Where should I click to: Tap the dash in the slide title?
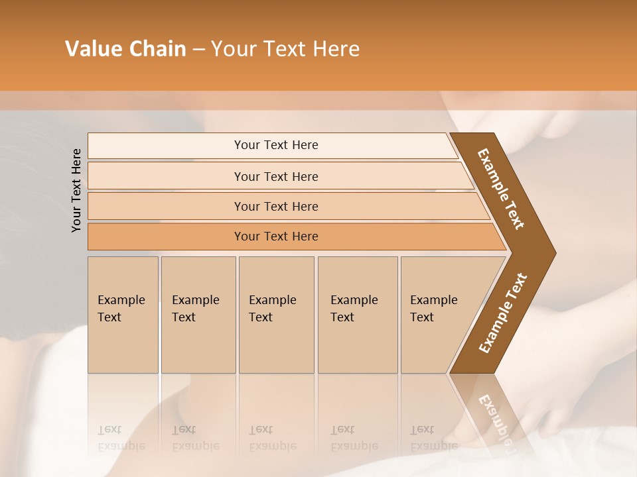pyautogui.click(x=198, y=50)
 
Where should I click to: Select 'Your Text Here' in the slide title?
pyautogui.click(x=285, y=49)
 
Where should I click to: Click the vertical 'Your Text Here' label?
pyautogui.click(x=76, y=190)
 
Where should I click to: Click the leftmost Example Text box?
pyautogui.click(x=123, y=314)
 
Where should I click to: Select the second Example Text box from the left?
pyautogui.click(x=198, y=314)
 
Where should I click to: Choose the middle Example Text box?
pyautogui.click(x=276, y=314)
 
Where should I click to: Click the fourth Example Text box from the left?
pyautogui.click(x=357, y=314)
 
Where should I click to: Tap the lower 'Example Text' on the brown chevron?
pyautogui.click(x=502, y=313)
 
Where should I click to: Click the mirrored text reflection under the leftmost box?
pyautogui.click(x=121, y=438)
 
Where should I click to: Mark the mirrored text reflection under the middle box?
pyautogui.click(x=273, y=438)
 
